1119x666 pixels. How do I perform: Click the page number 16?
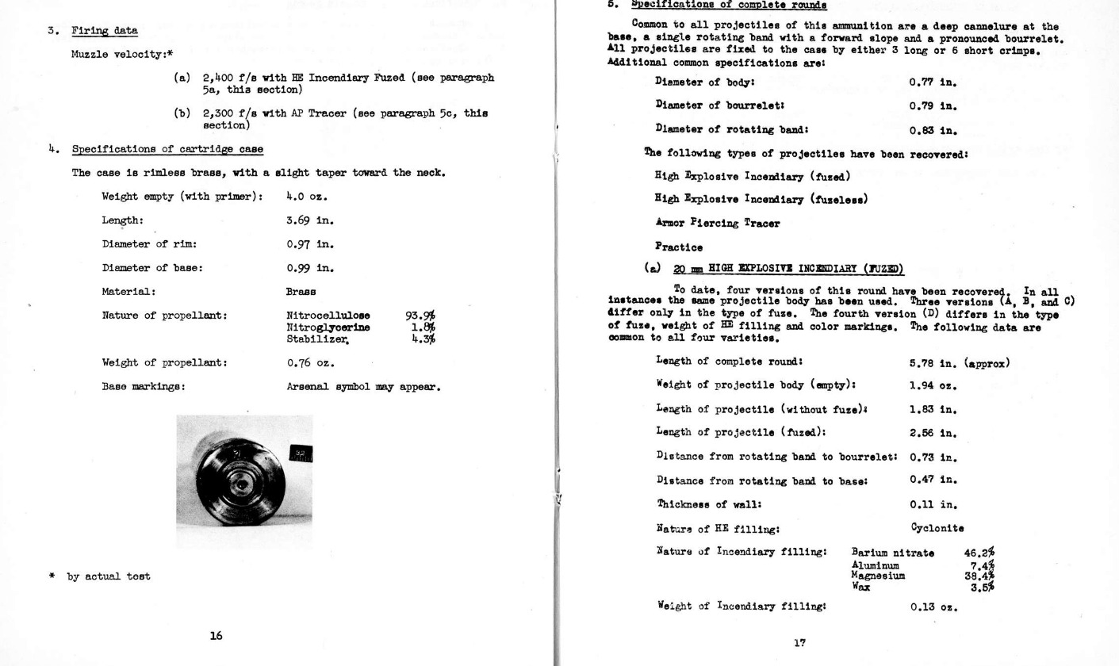216,635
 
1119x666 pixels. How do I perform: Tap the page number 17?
799,643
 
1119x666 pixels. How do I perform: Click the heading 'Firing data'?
104,31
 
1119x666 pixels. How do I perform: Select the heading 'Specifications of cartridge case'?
167,149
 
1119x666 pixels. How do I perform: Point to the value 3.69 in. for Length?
310,220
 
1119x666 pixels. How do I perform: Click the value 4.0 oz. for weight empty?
307,197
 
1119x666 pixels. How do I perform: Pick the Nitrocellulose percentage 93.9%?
420,316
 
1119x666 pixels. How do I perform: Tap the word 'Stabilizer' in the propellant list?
317,339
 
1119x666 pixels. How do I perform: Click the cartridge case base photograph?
243,480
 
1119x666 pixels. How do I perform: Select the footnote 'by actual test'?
108,576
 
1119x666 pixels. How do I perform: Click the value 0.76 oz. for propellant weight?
310,363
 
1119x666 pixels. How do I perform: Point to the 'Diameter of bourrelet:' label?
720,105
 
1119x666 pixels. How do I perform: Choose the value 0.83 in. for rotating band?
933,130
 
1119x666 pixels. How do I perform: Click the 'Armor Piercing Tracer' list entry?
717,224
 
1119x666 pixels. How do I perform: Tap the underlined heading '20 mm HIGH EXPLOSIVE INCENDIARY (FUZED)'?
788,270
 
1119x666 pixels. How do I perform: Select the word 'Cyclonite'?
937,528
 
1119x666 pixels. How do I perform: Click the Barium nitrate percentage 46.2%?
979,553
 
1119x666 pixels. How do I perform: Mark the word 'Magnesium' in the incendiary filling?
878,576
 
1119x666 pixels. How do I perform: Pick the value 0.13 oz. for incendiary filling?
933,607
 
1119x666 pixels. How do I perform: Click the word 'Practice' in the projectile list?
678,247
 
